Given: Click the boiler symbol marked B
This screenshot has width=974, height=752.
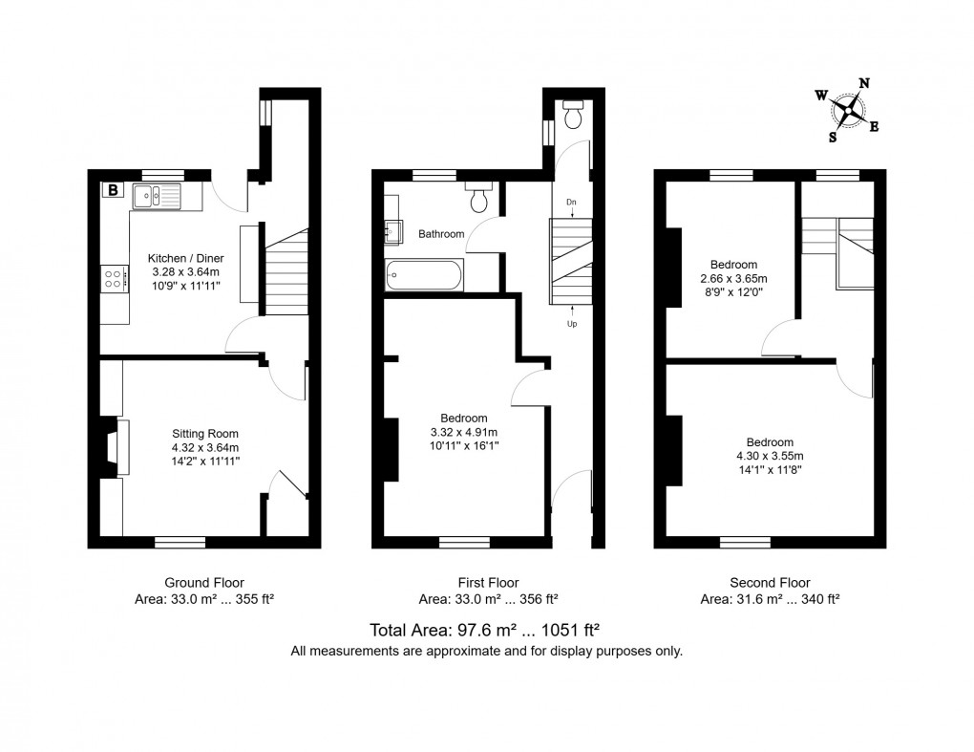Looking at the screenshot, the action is pos(113,189).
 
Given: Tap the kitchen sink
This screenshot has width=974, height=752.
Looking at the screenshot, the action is pos(157,197).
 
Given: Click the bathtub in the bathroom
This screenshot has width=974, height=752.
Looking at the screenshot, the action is pos(424,275).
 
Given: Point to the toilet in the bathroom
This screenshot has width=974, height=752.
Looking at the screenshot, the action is pos(479,197).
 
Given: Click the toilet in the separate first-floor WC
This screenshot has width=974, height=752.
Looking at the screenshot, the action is pos(573,114).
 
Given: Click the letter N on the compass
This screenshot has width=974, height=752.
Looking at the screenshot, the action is pos(864,83).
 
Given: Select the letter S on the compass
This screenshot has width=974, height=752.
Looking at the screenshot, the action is pos(833,138).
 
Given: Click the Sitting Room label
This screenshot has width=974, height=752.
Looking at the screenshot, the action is pos(205,434).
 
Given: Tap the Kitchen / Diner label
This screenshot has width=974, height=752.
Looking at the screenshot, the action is pos(186,258).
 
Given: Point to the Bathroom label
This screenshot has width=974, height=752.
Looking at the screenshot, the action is pos(441,234).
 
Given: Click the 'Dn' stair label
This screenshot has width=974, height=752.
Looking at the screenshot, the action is pos(571,202).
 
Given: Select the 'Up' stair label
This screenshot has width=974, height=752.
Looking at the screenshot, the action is pos(571,324).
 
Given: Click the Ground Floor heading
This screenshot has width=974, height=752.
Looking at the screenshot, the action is pos(204,583).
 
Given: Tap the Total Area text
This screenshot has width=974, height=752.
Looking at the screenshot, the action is pos(485,631).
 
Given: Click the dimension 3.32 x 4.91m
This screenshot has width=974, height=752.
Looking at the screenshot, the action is pos(464,432).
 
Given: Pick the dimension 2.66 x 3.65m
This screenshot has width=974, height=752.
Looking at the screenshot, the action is pos(733,278).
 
